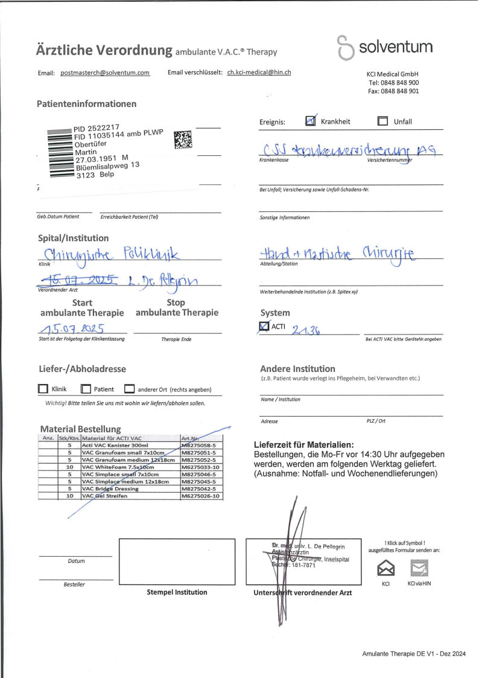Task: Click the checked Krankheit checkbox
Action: click(x=311, y=121)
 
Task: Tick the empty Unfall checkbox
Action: click(x=382, y=121)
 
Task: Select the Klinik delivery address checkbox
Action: click(x=43, y=389)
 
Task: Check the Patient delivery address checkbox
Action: click(x=86, y=389)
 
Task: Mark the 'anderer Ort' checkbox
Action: click(x=129, y=389)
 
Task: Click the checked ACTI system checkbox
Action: click(x=264, y=327)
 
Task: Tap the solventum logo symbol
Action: click(x=346, y=47)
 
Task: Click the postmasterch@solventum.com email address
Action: click(x=105, y=72)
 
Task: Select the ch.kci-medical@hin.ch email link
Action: click(x=259, y=72)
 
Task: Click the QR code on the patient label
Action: click(x=183, y=139)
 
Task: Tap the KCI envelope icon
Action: click(x=385, y=569)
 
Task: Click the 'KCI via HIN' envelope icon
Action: click(x=419, y=569)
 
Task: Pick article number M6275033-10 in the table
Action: click(x=201, y=467)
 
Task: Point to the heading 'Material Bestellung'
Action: click(x=80, y=429)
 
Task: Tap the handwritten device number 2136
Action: click(x=306, y=329)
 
